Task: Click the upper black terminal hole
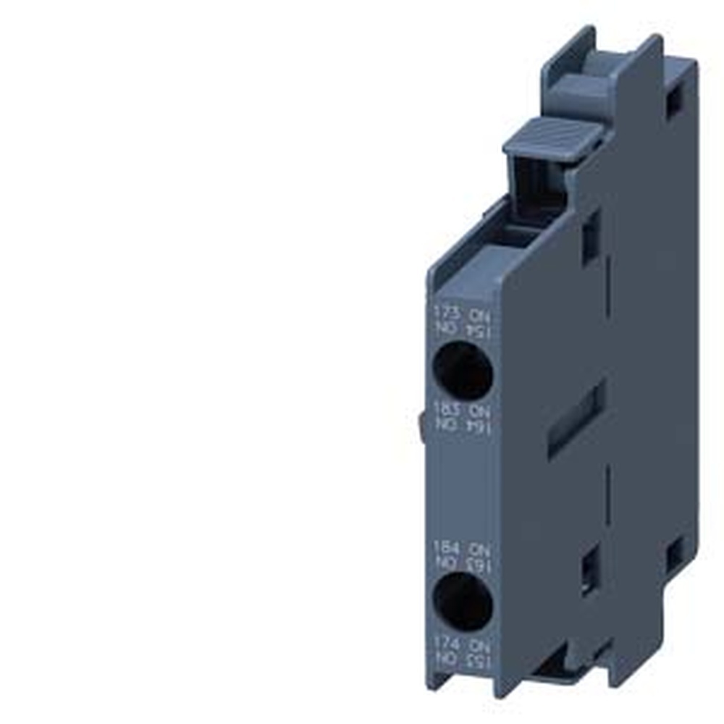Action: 463,370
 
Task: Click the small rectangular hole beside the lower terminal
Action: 590,569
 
